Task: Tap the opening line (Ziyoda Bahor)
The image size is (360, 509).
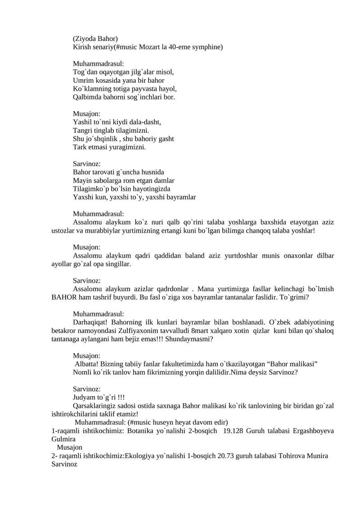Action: point(95,39)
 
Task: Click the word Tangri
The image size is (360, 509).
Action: point(83,131)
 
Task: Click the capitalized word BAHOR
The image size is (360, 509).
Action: point(65,297)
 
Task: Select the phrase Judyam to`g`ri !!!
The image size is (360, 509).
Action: point(99,397)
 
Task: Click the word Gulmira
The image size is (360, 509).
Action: point(63,439)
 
